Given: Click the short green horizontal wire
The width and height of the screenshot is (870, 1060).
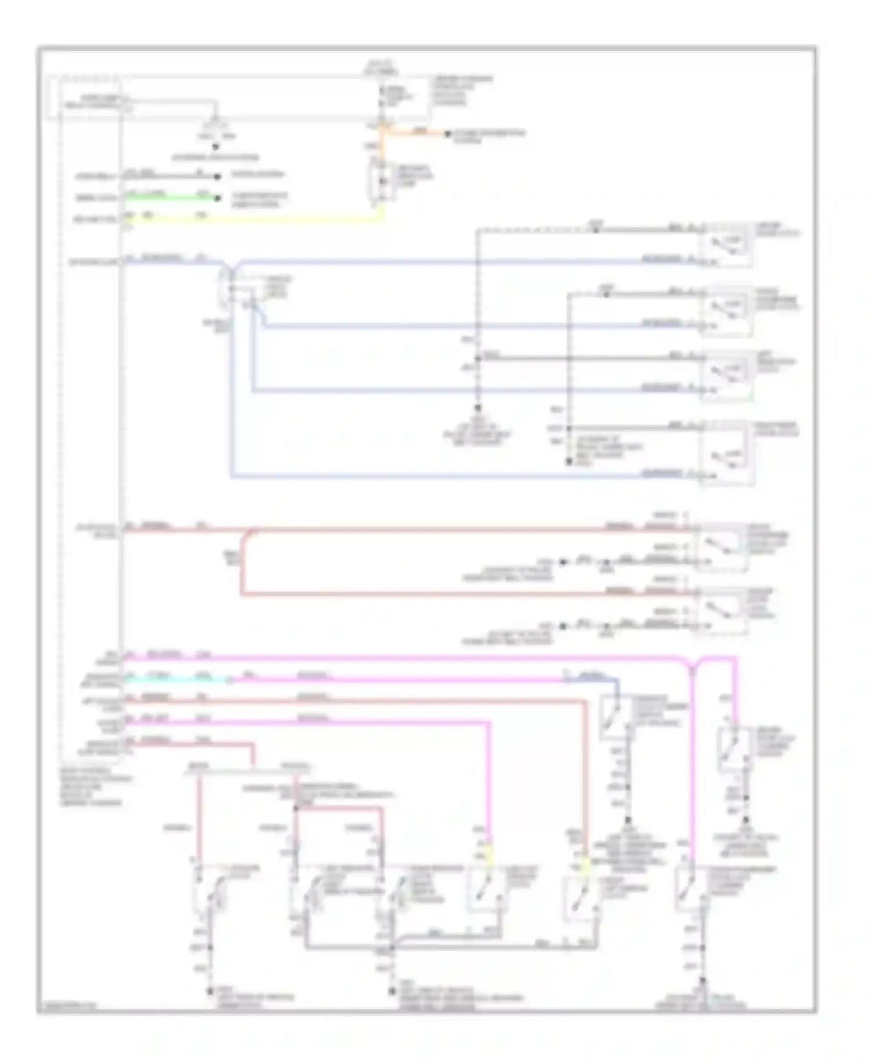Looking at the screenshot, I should coord(168,197).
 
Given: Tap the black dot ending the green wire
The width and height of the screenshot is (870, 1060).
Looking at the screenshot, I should coord(217,198).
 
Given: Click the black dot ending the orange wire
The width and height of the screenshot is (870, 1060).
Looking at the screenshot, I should coord(447,134).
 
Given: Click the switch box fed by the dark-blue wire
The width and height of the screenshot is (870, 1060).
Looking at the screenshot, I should coord(615,718).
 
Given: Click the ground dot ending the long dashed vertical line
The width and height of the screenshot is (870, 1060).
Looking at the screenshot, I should coord(478,408).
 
